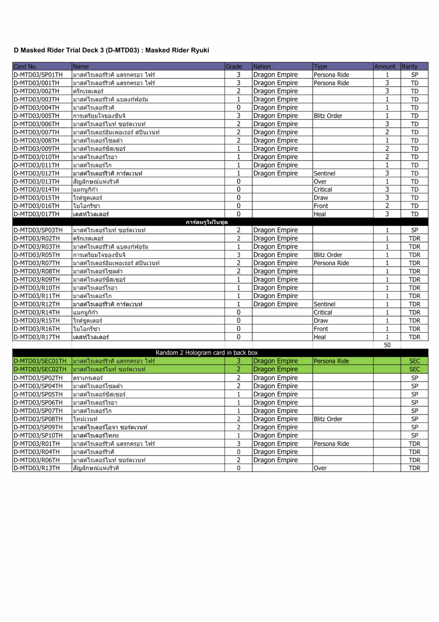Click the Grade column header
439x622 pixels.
click(234, 66)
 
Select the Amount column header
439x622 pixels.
click(385, 66)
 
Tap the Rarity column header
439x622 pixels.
click(409, 66)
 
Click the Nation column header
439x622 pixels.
click(262, 66)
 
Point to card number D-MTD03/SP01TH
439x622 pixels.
click(38, 75)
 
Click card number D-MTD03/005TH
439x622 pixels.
click(36, 116)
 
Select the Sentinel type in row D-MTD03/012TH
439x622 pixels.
click(324, 173)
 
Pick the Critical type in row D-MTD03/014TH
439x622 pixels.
click(323, 190)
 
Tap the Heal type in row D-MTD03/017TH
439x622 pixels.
click(320, 214)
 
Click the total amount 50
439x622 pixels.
click(387, 345)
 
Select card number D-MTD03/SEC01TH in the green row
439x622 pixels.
click(40, 361)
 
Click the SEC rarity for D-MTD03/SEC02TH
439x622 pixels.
click(415, 369)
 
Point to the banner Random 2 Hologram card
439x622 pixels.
click(207, 353)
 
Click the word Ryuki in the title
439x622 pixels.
click(200, 50)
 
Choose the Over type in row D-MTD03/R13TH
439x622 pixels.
click(320, 468)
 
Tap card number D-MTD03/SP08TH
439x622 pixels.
click(38, 419)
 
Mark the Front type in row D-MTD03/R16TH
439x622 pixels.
click(321, 329)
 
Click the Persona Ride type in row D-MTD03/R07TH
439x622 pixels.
click(331, 263)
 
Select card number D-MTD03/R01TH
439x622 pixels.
click(36, 444)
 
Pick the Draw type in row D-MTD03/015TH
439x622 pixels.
click(321, 198)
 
